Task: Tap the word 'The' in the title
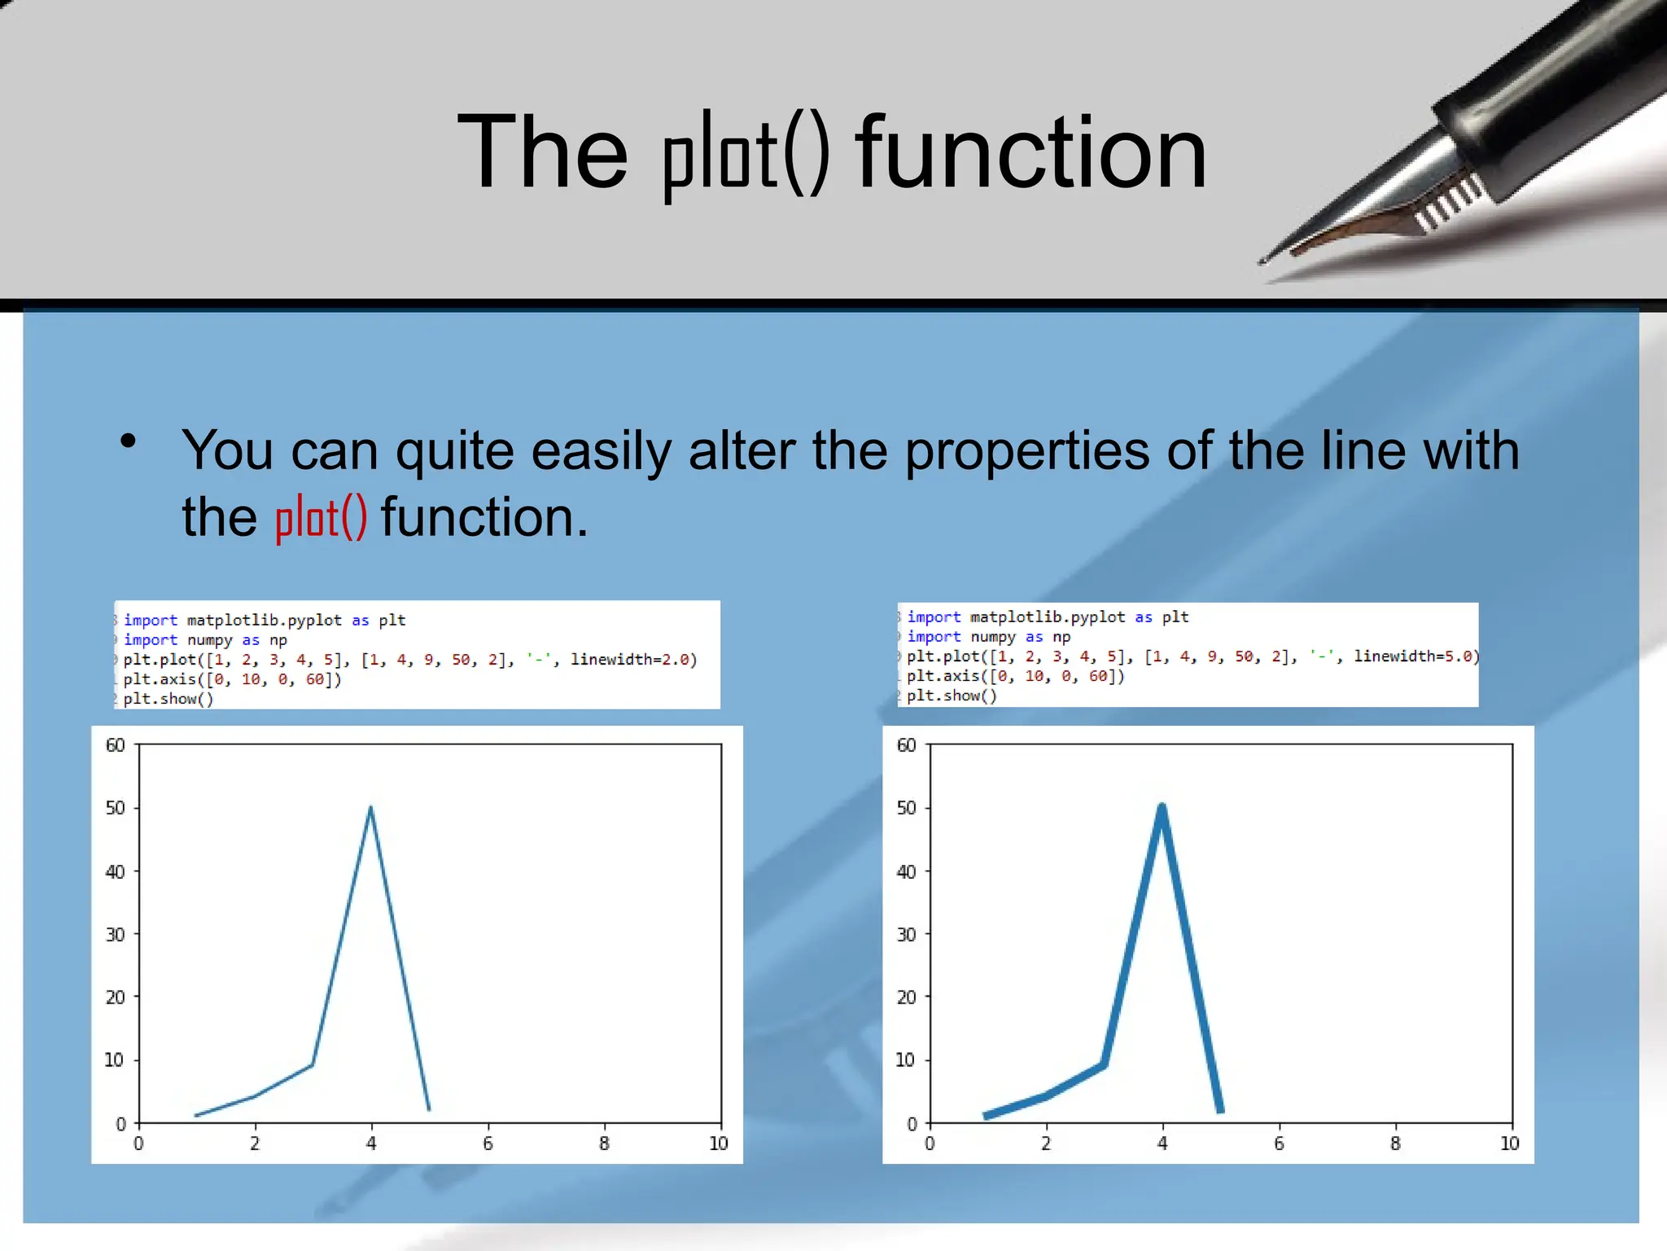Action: pyautogui.click(x=542, y=153)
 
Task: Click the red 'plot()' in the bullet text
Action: pyautogui.click(x=321, y=518)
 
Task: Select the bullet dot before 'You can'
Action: pyautogui.click(x=128, y=441)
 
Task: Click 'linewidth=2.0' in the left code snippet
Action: pyautogui.click(x=633, y=660)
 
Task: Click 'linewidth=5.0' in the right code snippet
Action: pyautogui.click(x=1415, y=656)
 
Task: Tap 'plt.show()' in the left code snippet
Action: pyautogui.click(x=168, y=699)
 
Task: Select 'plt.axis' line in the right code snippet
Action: pyautogui.click(x=1015, y=676)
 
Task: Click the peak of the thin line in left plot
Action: pyautogui.click(x=371, y=808)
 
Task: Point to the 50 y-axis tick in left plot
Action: pyautogui.click(x=116, y=808)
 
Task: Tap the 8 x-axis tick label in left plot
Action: pyautogui.click(x=604, y=1143)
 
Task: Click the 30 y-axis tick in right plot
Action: pyautogui.click(x=906, y=934)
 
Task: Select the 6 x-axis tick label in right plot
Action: pyautogui.click(x=1279, y=1143)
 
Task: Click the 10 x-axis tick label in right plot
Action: pyautogui.click(x=1509, y=1143)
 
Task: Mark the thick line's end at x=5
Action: pyautogui.click(x=1220, y=1109)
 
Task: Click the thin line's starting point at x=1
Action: pyautogui.click(x=197, y=1116)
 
